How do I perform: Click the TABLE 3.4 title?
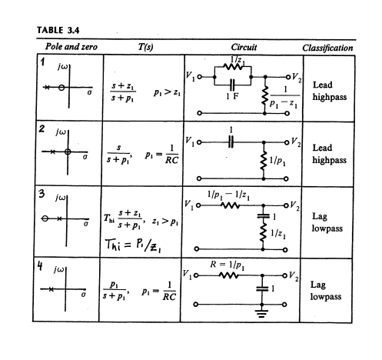[x=58, y=30]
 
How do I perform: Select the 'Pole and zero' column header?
[x=71, y=47]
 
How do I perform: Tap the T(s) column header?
[x=145, y=47]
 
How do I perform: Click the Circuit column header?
[x=244, y=47]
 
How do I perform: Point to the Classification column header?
[x=327, y=48]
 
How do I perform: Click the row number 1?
[x=42, y=62]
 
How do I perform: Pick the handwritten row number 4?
[x=40, y=266]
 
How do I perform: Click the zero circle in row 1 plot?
[x=61, y=88]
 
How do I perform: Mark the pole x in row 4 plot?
[x=51, y=289]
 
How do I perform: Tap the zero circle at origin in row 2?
[x=68, y=152]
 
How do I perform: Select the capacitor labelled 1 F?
[x=232, y=85]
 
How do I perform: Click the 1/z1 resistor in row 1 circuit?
[x=233, y=67]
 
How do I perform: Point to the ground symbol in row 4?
[x=261, y=313]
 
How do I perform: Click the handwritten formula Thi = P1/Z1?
[x=133, y=245]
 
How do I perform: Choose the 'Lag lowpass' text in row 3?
[x=327, y=222]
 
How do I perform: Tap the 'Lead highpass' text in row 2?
[x=329, y=154]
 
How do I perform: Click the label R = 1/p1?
[x=227, y=265]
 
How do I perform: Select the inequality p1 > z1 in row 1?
[x=167, y=92]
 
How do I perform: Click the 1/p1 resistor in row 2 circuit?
[x=263, y=161]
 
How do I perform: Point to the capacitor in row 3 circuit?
[x=263, y=216]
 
